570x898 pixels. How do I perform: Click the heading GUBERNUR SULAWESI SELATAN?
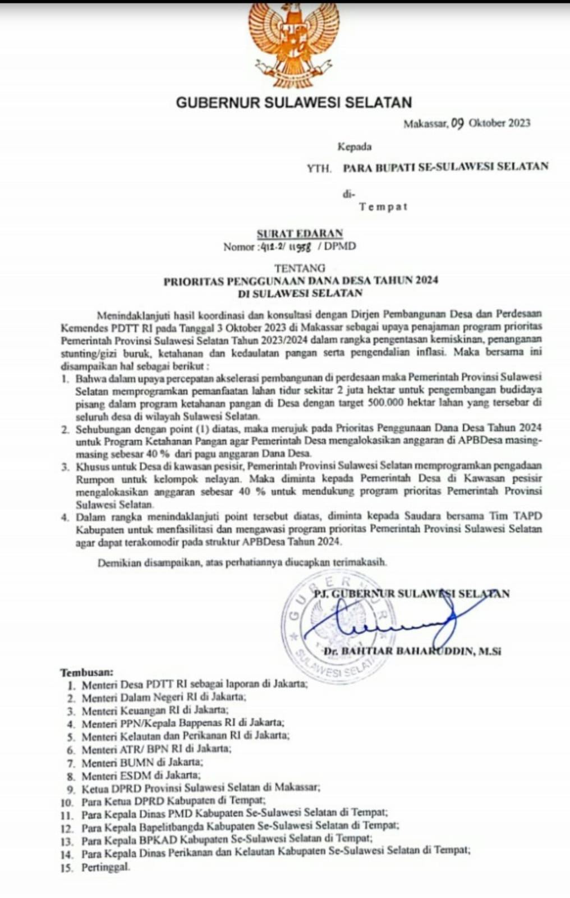pos(294,103)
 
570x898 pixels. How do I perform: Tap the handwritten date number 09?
pos(457,123)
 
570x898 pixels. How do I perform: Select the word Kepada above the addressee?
pos(354,147)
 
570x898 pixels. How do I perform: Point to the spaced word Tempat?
pos(383,207)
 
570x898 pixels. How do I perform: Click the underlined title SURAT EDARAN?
pos(300,233)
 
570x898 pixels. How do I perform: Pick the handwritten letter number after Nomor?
pos(286,246)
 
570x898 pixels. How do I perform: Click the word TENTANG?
pos(300,268)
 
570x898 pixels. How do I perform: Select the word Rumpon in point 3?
pos(95,479)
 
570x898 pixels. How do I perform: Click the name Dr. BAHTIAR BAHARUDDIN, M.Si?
pos(412,652)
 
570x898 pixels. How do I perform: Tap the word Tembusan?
pos(86,672)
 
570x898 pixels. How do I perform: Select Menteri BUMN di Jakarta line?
pos(142,762)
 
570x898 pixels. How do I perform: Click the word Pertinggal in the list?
pos(105,867)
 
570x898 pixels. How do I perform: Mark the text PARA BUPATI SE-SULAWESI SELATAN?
pos(445,166)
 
